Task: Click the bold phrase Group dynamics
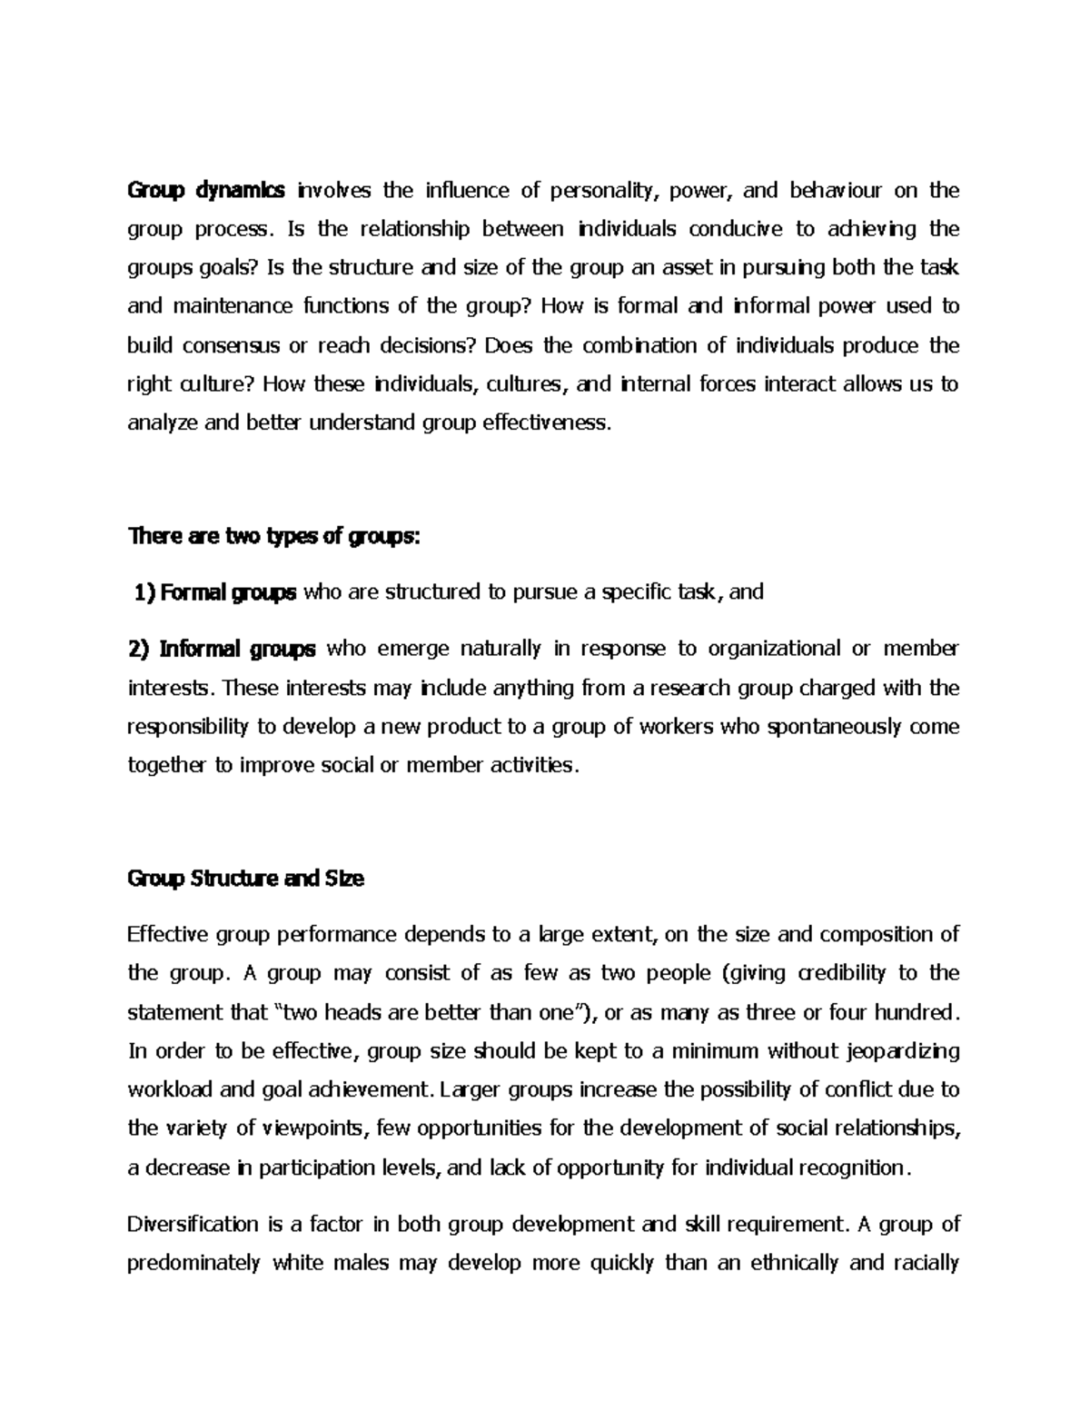coord(206,191)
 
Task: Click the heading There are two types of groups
coord(274,537)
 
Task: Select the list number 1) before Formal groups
coord(144,593)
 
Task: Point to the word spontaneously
coord(837,727)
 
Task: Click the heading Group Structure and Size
coord(246,879)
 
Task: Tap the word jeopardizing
coord(896,1052)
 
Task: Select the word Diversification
coord(193,1225)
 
